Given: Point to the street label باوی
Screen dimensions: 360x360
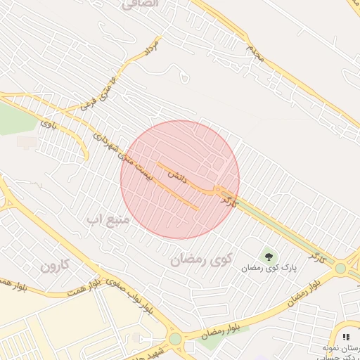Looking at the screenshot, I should click(47, 125).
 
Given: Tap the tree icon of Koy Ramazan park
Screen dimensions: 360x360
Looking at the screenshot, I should click(269, 257).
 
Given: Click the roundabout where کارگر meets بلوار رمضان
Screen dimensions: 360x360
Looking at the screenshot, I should click(341, 268).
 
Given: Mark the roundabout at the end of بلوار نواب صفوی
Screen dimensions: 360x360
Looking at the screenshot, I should click(175, 339).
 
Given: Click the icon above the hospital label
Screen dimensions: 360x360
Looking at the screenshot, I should click(346, 337).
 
